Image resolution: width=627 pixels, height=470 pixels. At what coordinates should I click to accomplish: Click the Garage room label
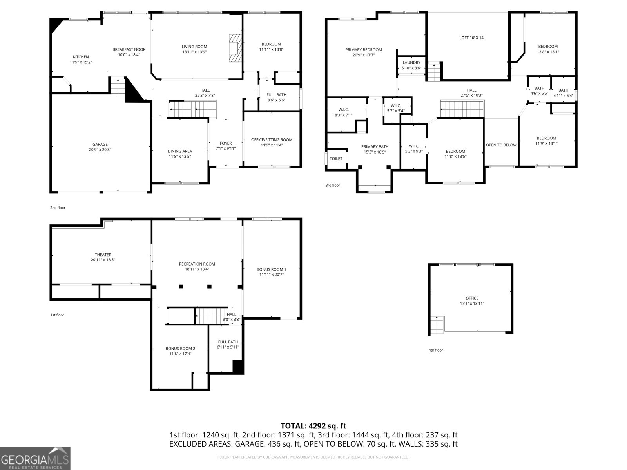click(100, 147)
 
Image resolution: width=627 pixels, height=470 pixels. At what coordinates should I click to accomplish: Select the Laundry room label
click(411, 65)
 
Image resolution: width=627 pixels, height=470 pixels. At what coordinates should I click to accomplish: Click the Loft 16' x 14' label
click(472, 38)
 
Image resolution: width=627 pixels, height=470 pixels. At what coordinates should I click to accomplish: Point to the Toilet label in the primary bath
click(336, 159)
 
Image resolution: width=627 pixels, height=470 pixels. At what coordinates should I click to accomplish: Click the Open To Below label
click(501, 145)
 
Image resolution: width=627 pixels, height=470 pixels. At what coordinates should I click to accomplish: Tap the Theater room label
click(103, 257)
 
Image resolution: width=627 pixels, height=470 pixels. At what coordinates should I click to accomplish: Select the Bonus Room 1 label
click(271, 272)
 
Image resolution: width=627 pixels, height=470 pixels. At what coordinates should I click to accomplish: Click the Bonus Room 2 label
click(180, 351)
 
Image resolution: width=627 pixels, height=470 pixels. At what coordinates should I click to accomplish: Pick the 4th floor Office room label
click(472, 301)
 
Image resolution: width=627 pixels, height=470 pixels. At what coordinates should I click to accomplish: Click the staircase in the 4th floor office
click(437, 325)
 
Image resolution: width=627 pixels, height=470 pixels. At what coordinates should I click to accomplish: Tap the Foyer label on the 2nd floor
click(226, 146)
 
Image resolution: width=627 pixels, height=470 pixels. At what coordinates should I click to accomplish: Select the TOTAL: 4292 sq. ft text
click(313, 426)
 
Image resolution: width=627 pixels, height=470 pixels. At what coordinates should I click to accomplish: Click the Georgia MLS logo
click(35, 458)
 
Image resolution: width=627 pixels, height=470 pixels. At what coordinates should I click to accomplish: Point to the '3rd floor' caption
click(333, 185)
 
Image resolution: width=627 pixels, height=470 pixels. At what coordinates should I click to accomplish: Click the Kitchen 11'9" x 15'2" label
click(81, 60)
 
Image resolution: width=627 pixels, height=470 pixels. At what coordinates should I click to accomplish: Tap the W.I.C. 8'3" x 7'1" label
click(343, 112)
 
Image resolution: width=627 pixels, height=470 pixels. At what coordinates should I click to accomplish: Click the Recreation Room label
click(197, 266)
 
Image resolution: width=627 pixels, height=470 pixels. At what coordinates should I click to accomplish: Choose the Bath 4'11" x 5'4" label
click(563, 93)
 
